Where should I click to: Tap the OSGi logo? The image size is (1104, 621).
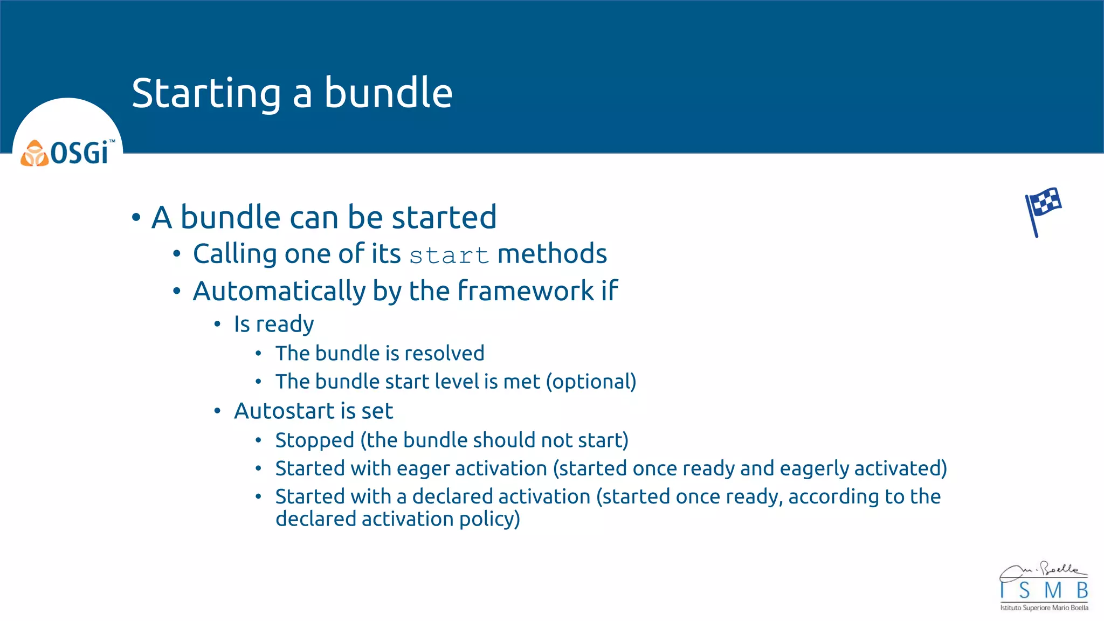(67, 153)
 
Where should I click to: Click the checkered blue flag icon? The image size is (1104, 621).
(1043, 211)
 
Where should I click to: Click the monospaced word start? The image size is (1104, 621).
(448, 255)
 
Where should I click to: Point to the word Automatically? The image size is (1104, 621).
(279, 292)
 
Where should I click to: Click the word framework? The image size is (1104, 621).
(526, 292)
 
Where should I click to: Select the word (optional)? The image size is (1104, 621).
(591, 382)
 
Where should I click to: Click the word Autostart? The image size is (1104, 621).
(284, 411)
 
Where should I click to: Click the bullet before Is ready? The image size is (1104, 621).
(217, 325)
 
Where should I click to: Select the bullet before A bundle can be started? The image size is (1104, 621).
(136, 218)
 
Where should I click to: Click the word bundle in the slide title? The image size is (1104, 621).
(388, 94)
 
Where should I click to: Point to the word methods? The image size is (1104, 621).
(552, 254)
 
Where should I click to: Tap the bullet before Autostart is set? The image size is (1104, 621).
(217, 411)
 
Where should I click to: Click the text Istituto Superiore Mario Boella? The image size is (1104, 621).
(1044, 608)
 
